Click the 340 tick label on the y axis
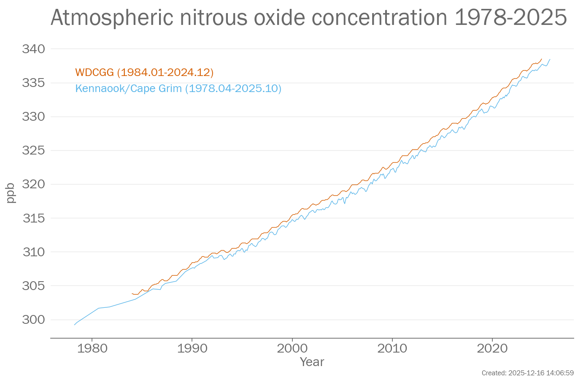33,49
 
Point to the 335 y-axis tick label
33,83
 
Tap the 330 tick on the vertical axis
33,117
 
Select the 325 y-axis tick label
33,150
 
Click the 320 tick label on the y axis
33,184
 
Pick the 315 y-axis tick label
33,218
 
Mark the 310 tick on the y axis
33,252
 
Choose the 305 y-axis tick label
33,286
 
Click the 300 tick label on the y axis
33,320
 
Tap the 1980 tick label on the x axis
92,348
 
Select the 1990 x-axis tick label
192,348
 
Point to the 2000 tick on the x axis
292,348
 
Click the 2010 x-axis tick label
392,348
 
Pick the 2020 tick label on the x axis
492,348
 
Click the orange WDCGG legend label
144,73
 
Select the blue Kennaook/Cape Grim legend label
178,89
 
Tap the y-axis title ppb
11,193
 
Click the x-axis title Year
312,362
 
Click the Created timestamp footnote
527,373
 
